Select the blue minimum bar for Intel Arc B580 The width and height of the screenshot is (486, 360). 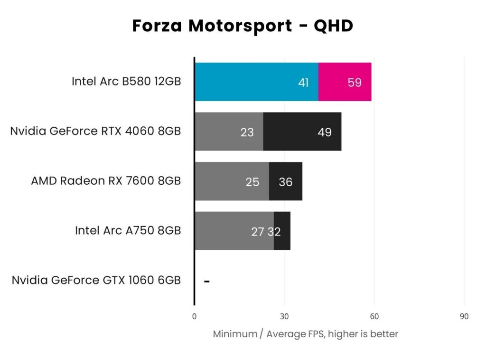[x=247, y=82]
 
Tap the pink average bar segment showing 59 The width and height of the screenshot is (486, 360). [x=345, y=82]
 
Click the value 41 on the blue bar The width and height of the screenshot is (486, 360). [x=303, y=83]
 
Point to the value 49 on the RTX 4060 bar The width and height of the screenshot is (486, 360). [x=325, y=133]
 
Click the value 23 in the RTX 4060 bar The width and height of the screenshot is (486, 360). [x=247, y=133]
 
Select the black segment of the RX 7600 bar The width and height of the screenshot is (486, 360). [x=286, y=181]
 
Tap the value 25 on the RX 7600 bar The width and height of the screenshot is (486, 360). [x=252, y=182]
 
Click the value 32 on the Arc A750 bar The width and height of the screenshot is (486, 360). [x=274, y=232]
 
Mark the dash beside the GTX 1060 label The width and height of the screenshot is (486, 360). [x=207, y=281]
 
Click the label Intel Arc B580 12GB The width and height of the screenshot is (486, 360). [x=126, y=81]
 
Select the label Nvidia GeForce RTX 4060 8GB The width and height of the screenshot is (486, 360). [x=95, y=131]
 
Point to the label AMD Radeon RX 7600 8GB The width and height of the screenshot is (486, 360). [x=106, y=181]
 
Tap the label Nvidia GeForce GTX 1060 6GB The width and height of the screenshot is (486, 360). [x=96, y=280]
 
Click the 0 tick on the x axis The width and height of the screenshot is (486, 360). [x=194, y=317]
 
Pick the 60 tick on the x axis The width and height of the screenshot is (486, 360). [x=374, y=317]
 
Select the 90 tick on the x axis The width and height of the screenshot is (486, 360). [x=464, y=317]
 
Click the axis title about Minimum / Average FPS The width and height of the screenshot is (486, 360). [x=305, y=334]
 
